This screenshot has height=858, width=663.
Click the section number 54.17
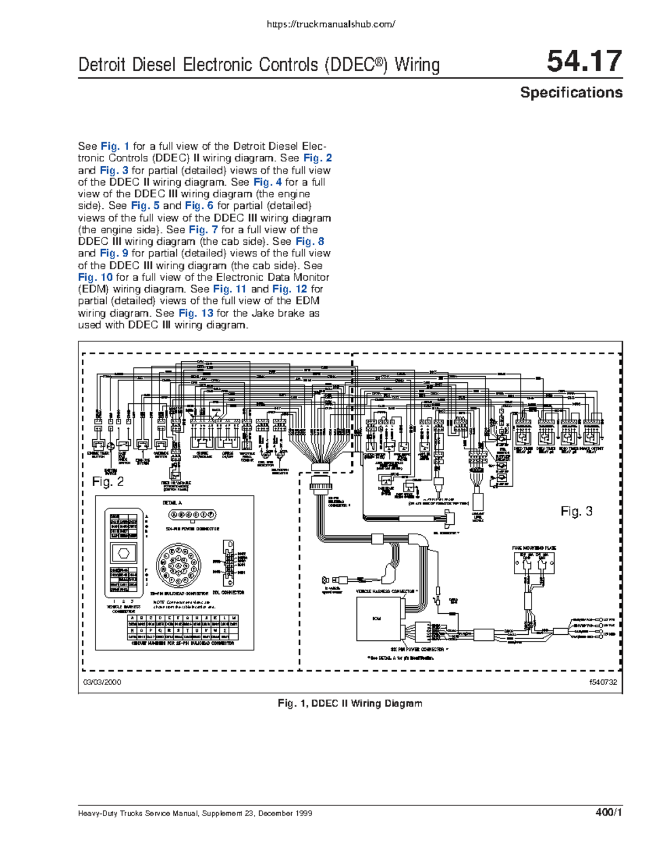[584, 62]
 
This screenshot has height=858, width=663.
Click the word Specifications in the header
[571, 93]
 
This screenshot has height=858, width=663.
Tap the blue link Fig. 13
[196, 313]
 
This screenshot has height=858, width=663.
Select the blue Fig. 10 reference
[95, 277]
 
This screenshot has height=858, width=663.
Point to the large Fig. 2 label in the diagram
[108, 482]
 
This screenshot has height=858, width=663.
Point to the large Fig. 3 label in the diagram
[576, 512]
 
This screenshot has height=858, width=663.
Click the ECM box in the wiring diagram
[377, 619]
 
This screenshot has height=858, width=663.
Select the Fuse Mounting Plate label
[534, 548]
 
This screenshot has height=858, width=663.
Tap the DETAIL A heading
[172, 503]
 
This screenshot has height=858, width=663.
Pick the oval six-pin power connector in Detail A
[192, 515]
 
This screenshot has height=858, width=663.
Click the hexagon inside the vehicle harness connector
[124, 552]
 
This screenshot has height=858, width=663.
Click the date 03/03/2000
[102, 682]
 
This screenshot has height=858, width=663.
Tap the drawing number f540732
[603, 682]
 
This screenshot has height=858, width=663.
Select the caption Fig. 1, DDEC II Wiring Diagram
[350, 703]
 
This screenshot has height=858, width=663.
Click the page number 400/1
[609, 813]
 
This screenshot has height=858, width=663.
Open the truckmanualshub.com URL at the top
[331, 24]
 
